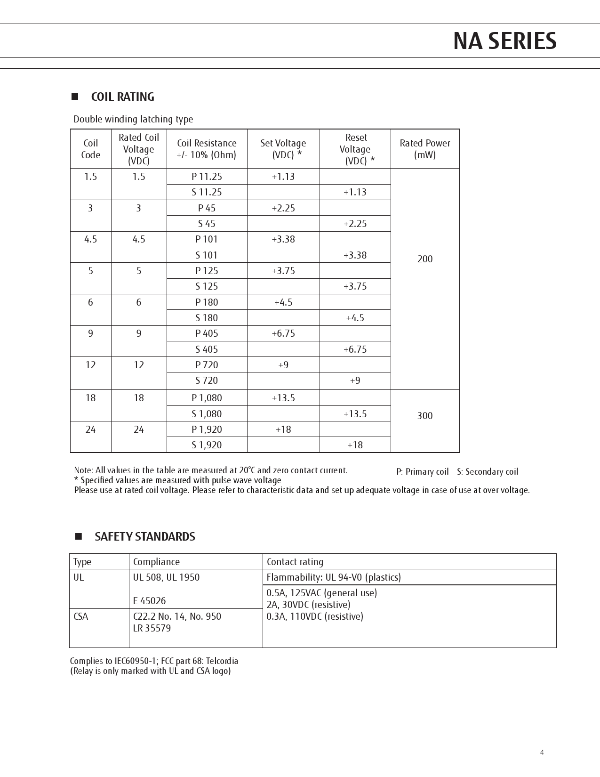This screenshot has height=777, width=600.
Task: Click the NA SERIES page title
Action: (504, 41)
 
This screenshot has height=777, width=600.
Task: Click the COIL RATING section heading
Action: (122, 97)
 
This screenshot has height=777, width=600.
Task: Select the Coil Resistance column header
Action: (207, 149)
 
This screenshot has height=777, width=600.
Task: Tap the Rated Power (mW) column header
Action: (424, 149)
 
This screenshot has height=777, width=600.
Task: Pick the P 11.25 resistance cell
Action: (207, 177)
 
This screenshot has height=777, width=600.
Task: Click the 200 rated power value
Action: (424, 259)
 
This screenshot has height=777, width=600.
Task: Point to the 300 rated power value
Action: (424, 416)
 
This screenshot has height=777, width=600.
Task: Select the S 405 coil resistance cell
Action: (207, 349)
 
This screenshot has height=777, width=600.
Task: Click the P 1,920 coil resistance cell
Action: (207, 429)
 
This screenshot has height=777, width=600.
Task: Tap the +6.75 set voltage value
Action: (283, 333)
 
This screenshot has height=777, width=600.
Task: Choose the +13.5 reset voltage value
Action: (355, 414)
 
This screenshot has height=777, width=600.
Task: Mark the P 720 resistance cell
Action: (207, 365)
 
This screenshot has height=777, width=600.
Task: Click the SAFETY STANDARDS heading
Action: (144, 537)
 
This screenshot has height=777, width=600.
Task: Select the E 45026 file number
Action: (149, 601)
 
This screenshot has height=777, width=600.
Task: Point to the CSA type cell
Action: (81, 616)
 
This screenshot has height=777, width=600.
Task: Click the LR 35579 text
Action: (152, 628)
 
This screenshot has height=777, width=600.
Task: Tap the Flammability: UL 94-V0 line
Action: (334, 577)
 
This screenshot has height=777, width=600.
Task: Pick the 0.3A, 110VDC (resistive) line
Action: (315, 616)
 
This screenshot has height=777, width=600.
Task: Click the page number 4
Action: (542, 753)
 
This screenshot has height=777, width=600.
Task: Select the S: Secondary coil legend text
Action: (487, 472)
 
